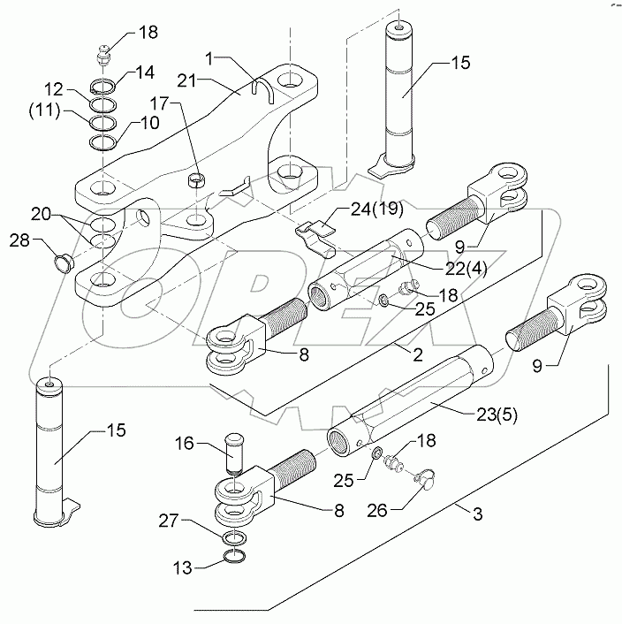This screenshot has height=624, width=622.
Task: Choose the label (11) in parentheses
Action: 45,111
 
